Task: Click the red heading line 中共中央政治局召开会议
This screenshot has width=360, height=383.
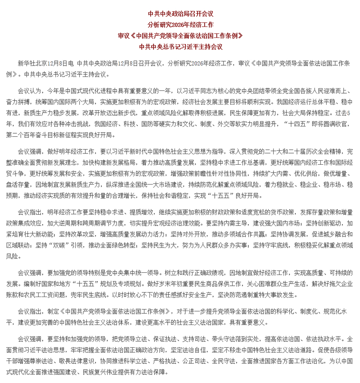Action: [180, 14]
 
